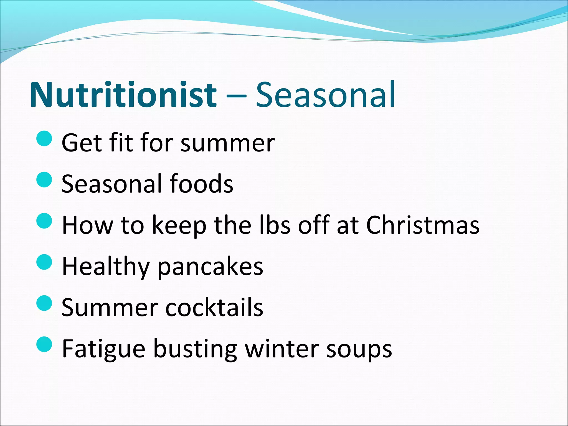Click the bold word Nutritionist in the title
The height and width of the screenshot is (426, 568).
[x=123, y=95]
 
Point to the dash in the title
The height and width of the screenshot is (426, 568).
[x=236, y=96]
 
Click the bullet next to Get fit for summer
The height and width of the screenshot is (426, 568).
[x=44, y=138]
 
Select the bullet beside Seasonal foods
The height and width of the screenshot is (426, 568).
[x=44, y=180]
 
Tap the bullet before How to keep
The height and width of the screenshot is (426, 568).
[x=44, y=221]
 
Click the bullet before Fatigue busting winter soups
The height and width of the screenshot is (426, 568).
[x=44, y=344]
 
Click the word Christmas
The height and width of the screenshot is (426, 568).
[x=423, y=225]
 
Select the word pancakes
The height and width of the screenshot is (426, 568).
[x=210, y=267]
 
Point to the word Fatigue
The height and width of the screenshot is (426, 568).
[x=103, y=349]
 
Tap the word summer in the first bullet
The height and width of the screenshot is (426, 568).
[x=227, y=144]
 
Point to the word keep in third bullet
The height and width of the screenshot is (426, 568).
[x=179, y=226]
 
